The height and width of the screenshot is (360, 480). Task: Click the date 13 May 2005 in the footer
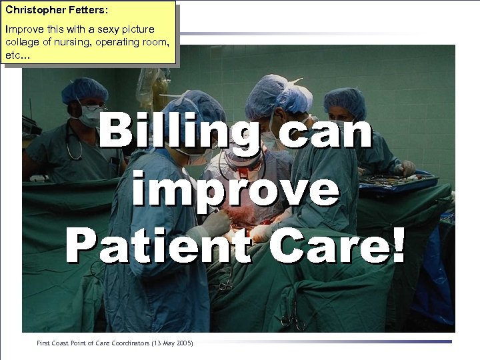167,343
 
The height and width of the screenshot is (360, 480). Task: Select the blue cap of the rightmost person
345,101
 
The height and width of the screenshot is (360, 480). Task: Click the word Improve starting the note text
22,29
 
